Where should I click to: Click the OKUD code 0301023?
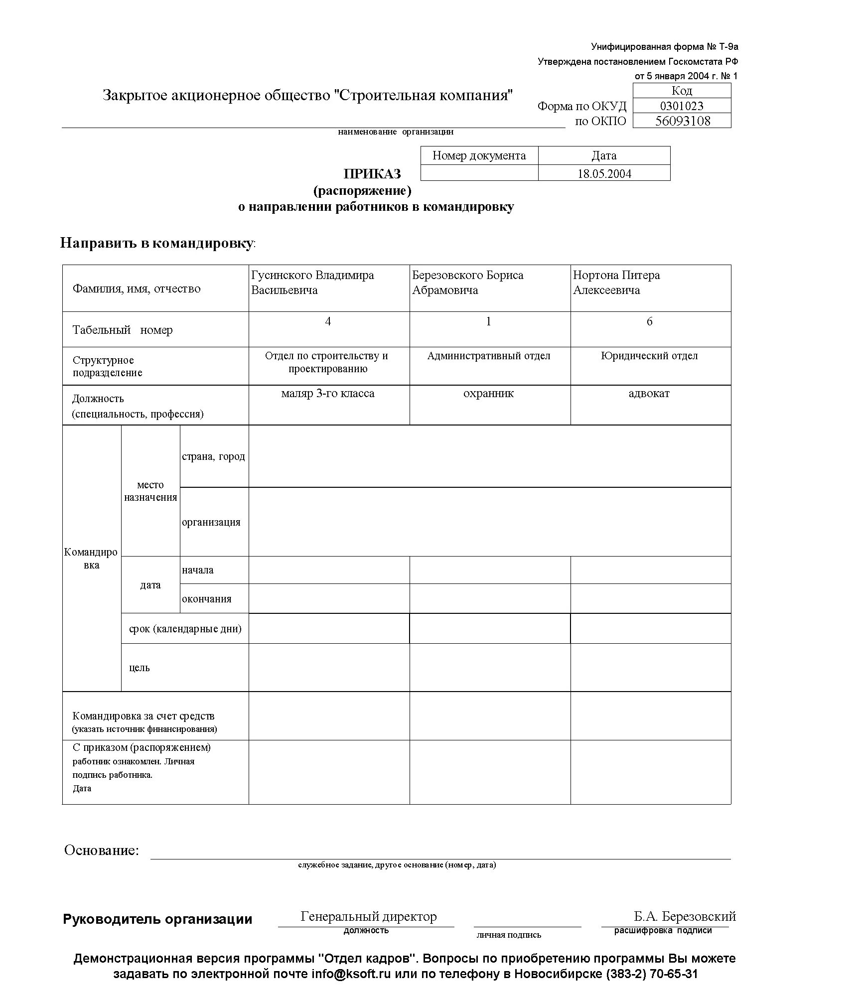click(681, 106)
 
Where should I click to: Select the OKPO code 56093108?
click(682, 121)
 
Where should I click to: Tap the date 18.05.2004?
click(604, 174)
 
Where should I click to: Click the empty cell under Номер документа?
click(479, 173)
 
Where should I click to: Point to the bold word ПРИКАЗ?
click(372, 174)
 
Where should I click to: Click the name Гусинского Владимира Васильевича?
click(312, 283)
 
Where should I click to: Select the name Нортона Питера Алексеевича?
click(616, 283)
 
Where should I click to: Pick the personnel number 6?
click(649, 322)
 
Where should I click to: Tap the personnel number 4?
click(328, 322)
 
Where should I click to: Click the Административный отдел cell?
click(489, 356)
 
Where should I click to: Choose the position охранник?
click(488, 394)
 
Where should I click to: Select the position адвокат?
click(649, 394)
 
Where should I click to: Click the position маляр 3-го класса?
click(328, 394)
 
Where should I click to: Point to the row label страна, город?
click(213, 456)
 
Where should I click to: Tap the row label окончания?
click(206, 599)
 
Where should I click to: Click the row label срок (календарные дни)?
click(185, 629)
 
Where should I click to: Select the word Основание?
click(101, 850)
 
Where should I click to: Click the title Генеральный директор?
click(369, 916)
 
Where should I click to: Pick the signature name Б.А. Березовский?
click(685, 916)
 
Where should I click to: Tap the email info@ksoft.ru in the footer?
click(351, 974)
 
